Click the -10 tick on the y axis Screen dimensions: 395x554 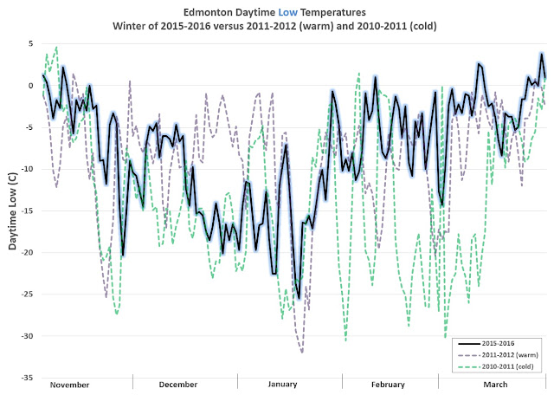[x=26, y=169]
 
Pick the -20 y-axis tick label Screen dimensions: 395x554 [x=26, y=253]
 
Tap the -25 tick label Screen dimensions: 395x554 [x=26, y=295]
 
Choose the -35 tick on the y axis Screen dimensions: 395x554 [x=26, y=379]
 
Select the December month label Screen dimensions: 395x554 [x=178, y=385]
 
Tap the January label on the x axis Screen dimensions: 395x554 [x=283, y=385]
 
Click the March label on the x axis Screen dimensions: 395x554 [x=495, y=385]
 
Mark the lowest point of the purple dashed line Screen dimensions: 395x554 [x=302, y=353]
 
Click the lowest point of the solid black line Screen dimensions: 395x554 [x=300, y=298]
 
